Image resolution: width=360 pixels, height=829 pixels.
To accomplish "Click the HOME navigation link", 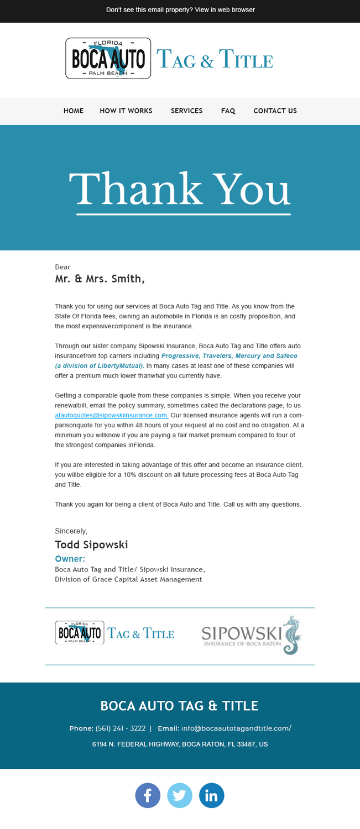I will pyautogui.click(x=74, y=111).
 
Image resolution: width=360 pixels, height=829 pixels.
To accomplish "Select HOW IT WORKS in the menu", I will pyautogui.click(x=126, y=111).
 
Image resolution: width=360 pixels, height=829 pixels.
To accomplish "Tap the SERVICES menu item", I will pyautogui.click(x=187, y=111).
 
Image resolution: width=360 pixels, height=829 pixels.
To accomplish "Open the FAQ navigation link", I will pyautogui.click(x=228, y=111).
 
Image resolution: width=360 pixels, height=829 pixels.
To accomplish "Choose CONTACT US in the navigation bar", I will pyautogui.click(x=275, y=111).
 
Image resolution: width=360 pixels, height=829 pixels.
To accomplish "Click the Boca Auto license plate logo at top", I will pyautogui.click(x=108, y=59).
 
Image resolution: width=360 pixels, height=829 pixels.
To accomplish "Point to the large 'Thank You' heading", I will pyautogui.click(x=180, y=189).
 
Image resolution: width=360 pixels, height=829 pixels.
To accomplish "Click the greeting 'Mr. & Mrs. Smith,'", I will pyautogui.click(x=100, y=279).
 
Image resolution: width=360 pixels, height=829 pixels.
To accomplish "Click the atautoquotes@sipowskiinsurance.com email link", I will pyautogui.click(x=112, y=416).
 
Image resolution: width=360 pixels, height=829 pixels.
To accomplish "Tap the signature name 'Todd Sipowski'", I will pyautogui.click(x=92, y=545).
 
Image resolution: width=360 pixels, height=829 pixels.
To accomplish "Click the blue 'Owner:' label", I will pyautogui.click(x=70, y=559).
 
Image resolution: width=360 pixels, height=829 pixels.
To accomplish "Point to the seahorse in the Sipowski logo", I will pyautogui.click(x=291, y=636).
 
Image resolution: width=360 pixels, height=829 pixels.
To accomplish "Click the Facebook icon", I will pyautogui.click(x=148, y=796).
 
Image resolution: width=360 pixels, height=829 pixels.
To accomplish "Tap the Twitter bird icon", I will pyautogui.click(x=180, y=796).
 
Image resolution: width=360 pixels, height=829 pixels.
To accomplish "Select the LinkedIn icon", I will pyautogui.click(x=212, y=796).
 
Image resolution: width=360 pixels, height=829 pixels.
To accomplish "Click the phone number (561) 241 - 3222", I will pyautogui.click(x=121, y=728).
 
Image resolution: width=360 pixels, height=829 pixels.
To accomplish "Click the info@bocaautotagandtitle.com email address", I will pyautogui.click(x=236, y=728).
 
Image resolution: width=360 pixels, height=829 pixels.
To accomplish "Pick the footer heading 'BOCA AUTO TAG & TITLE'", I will pyautogui.click(x=180, y=706).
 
